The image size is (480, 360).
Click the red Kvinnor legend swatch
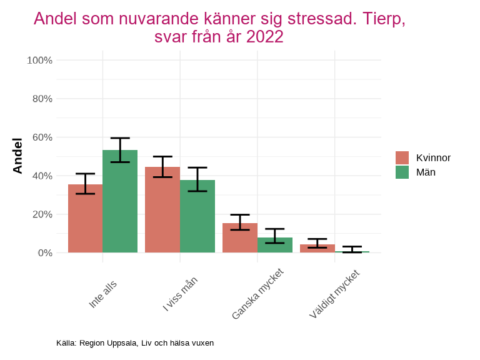click(x=402, y=157)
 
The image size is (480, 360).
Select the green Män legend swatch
click(x=402, y=172)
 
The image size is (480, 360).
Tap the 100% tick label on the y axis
click(x=39, y=60)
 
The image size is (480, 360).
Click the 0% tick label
click(x=44, y=252)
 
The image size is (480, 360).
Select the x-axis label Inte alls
click(x=103, y=292)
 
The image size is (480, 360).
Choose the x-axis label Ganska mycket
click(x=258, y=293)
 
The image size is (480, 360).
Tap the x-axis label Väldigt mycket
click(x=334, y=294)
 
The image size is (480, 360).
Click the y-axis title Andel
click(x=17, y=156)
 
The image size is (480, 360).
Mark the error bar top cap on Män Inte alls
click(x=120, y=138)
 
